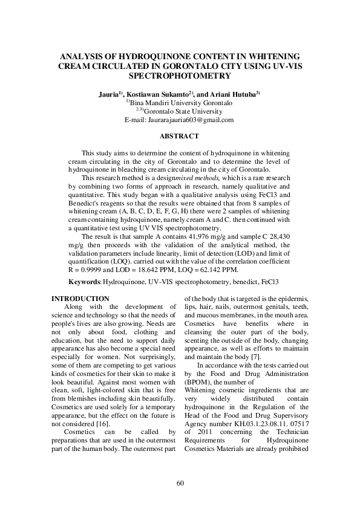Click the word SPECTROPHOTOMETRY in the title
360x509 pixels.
point(180,77)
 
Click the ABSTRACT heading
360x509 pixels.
point(180,137)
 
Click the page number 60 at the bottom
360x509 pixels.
point(180,482)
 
